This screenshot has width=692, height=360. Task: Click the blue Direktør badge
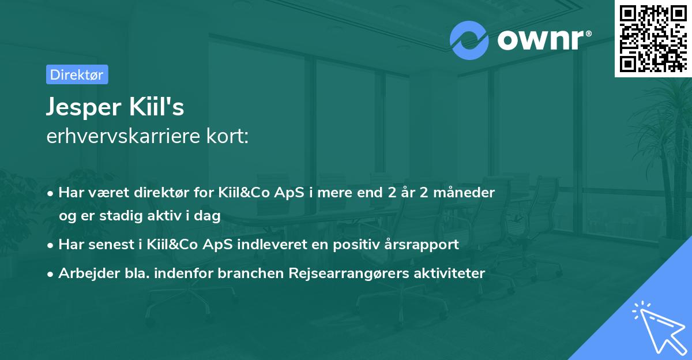[77, 74]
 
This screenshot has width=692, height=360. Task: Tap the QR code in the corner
[653, 38]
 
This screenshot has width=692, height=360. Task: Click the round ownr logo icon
[469, 40]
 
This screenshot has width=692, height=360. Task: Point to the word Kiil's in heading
[158, 107]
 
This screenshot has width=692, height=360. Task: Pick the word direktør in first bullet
[159, 193]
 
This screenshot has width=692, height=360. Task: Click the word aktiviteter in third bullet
[449, 273]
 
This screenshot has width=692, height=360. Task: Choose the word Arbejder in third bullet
[85, 273]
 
